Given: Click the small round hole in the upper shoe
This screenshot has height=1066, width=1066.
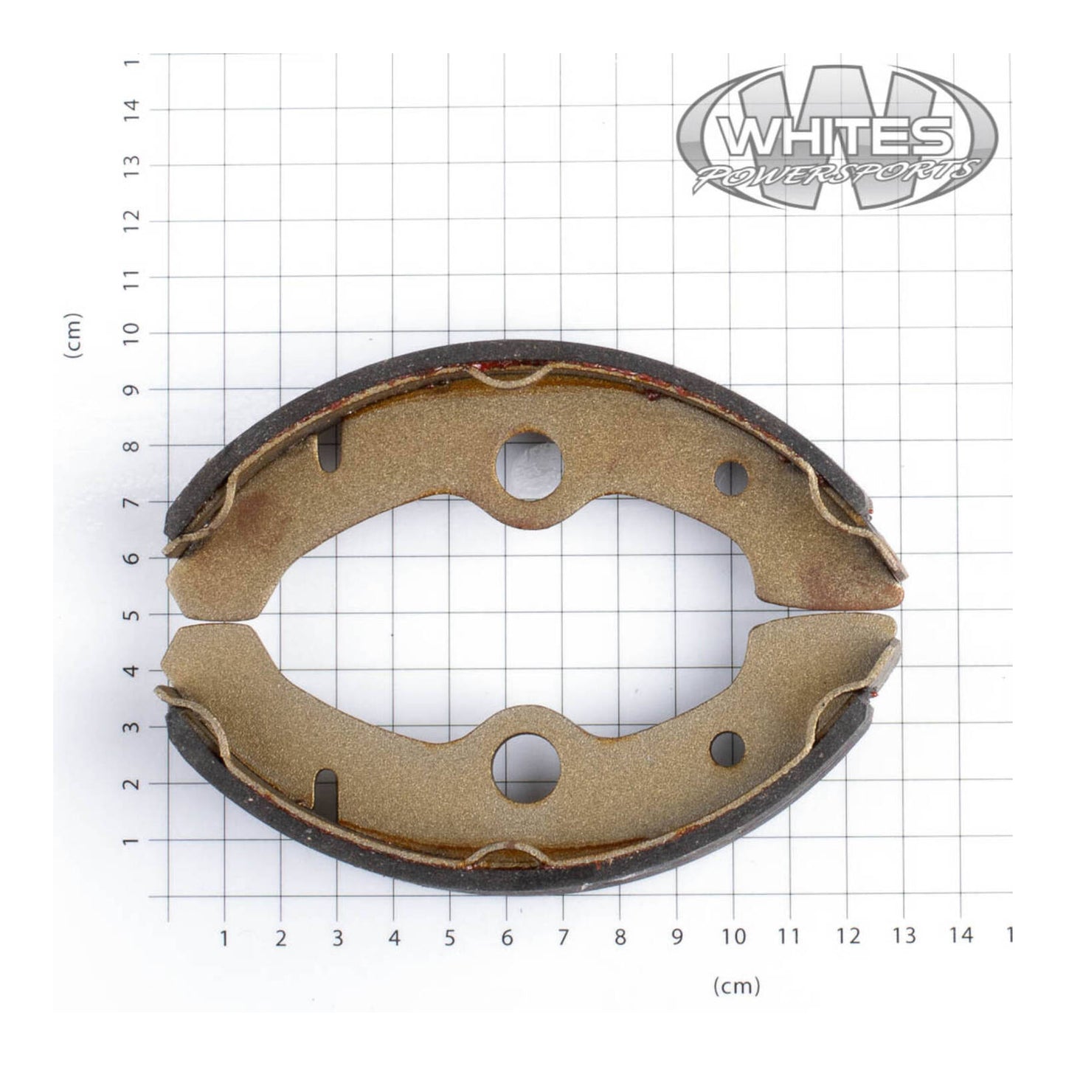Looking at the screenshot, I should point(731,479).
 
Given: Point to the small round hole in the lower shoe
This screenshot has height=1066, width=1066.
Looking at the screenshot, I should point(727,750).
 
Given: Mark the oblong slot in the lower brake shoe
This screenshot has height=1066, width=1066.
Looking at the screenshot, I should point(325,792).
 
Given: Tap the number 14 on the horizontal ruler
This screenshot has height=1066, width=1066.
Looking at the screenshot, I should point(960,937).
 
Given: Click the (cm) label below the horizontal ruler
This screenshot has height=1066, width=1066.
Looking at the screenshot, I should point(736,986).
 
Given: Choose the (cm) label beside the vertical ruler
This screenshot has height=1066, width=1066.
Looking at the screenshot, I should point(74,336).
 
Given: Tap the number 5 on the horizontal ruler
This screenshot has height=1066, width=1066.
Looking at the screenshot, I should point(450,937).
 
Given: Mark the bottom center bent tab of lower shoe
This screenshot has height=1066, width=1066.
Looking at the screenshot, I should point(506,856).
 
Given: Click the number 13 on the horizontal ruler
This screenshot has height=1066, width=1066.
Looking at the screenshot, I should point(903,937).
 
